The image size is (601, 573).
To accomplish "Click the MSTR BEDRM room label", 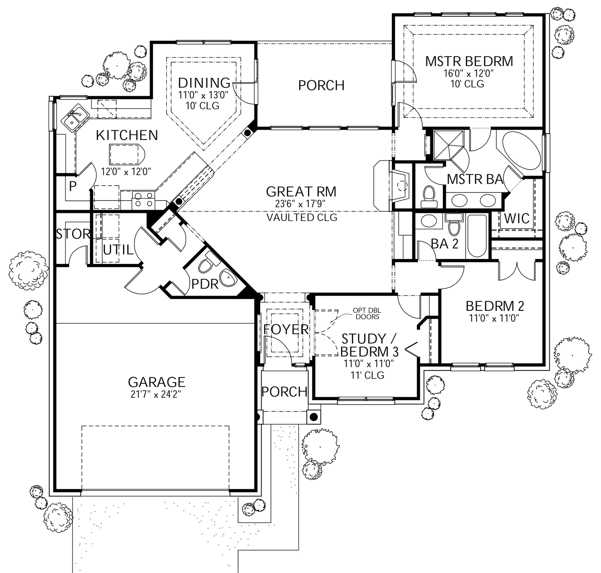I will click(469, 61).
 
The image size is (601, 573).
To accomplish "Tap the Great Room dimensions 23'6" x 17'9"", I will click(300, 204).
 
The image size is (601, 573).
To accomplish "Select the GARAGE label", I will click(157, 381).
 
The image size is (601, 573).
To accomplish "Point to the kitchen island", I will click(125, 154).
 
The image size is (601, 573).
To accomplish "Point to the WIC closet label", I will click(516, 219).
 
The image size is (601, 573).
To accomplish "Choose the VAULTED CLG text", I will click(302, 217).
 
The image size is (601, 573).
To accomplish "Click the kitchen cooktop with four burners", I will click(143, 199).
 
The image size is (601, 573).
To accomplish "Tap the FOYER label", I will click(286, 329).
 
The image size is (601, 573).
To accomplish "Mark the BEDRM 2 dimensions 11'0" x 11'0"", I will click(494, 319).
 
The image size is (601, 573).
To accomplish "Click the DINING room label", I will click(204, 83).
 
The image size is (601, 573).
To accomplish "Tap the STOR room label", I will click(73, 234).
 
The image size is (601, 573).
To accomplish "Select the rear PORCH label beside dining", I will click(321, 85).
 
